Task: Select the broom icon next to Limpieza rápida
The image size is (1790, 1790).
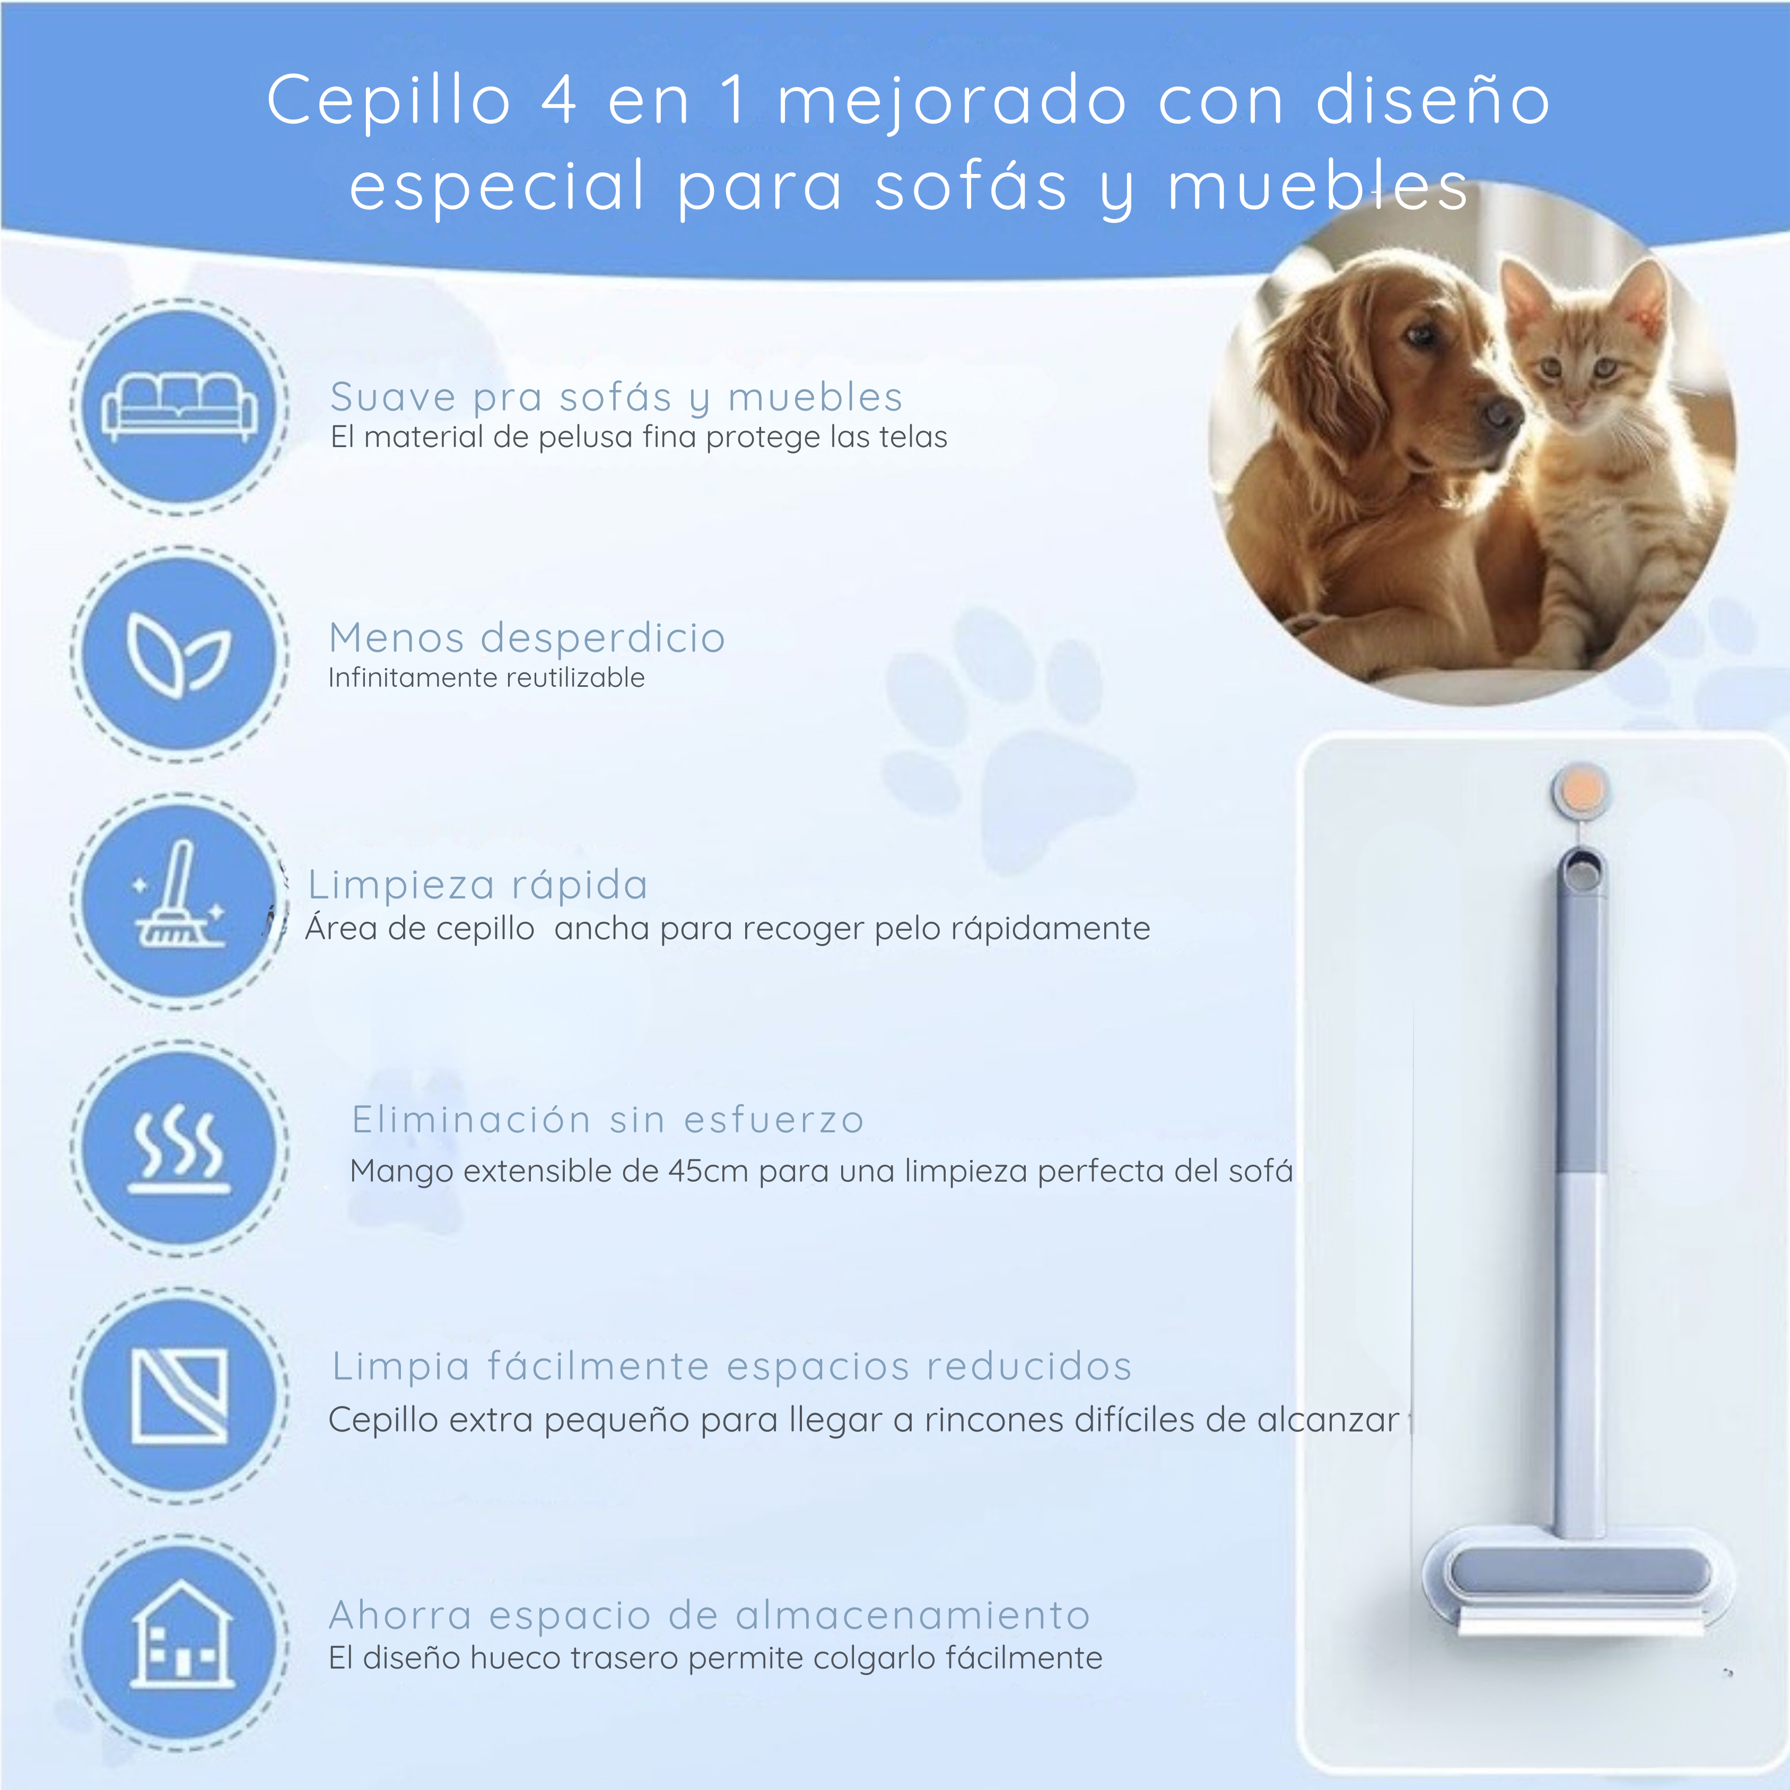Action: pyautogui.click(x=179, y=898)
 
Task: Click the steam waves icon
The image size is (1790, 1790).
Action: pyautogui.click(x=179, y=1149)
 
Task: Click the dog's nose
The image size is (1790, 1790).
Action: pyautogui.click(x=1499, y=413)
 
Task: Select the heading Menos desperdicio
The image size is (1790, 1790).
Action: pyautogui.click(x=526, y=639)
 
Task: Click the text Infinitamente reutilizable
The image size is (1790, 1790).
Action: pyautogui.click(x=486, y=678)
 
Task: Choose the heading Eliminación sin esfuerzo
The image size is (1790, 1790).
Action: pyautogui.click(x=608, y=1120)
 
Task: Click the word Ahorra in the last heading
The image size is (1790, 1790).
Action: pyautogui.click(x=400, y=1616)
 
